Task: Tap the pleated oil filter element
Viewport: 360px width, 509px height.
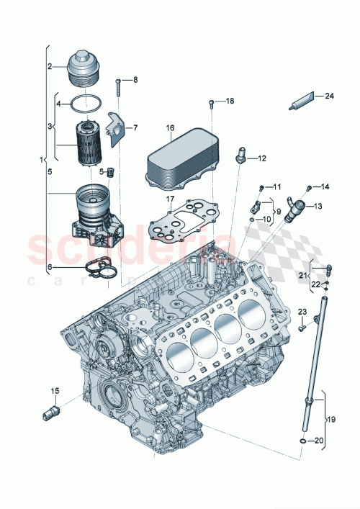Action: point(91,145)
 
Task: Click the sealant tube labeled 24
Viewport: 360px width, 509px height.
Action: point(302,102)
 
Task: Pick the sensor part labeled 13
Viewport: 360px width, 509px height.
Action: point(294,210)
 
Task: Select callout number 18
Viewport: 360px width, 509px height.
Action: point(230,102)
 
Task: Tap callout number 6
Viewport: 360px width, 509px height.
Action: point(50,266)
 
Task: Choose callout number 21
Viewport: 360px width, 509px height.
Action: point(305,274)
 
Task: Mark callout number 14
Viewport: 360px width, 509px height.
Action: point(325,187)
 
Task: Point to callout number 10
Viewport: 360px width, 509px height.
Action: point(267,219)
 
